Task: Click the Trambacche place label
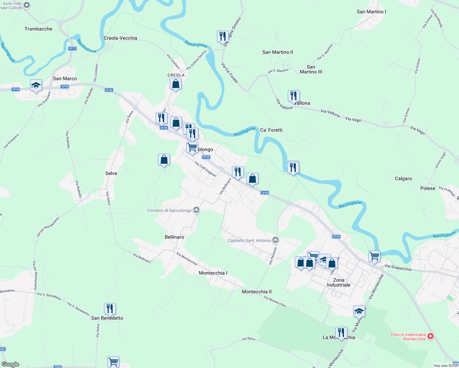coord(38,29)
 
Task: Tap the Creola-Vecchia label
coord(120,38)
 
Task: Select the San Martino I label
coord(371,12)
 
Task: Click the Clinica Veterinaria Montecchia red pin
coord(430,336)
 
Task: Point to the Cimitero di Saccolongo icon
coord(197,210)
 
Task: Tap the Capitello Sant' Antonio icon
coord(275,240)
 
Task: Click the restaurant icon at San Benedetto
coord(110,309)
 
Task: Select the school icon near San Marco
coord(36,85)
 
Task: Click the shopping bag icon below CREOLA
coord(176,84)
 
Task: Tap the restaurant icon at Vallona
coord(294,96)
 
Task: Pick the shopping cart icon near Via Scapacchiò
coord(374,256)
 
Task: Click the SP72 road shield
coord(72,48)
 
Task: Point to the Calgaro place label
coord(403,178)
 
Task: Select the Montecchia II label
coord(256,292)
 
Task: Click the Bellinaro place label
coord(174,237)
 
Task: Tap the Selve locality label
coord(111,173)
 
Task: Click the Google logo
coord(10,364)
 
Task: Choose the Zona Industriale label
coord(338,282)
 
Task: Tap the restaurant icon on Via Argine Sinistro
coord(223,36)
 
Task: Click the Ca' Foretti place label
coord(271,130)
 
